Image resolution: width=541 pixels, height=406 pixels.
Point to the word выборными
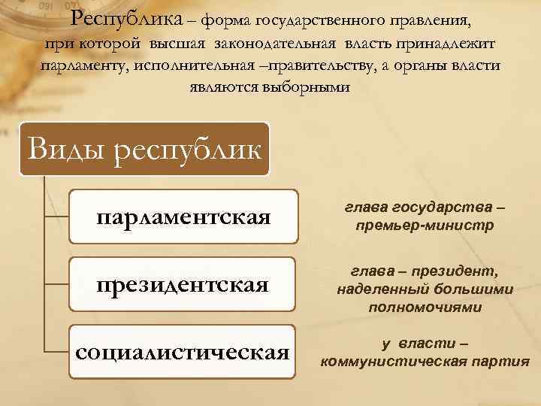[309, 87]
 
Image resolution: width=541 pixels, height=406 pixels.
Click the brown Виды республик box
[144, 149]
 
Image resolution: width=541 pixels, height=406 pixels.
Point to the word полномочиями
[425, 307]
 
